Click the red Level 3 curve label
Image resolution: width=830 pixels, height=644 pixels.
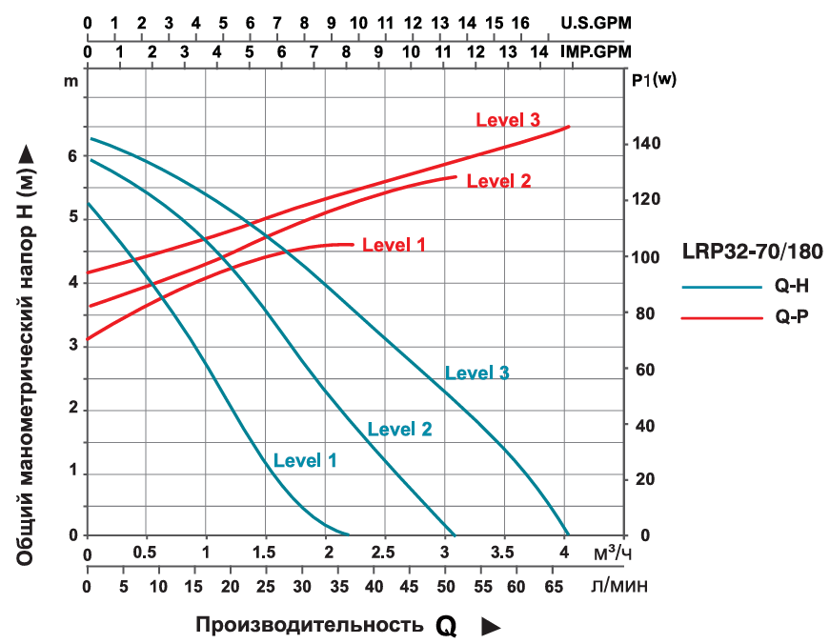click(508, 120)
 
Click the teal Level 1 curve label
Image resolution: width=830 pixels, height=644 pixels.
click(305, 460)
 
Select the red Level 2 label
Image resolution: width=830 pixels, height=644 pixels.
click(498, 181)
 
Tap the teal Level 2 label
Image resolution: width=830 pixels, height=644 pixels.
click(399, 430)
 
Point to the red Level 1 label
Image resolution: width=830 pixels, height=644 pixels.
click(394, 245)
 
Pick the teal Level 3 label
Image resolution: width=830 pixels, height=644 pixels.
click(476, 372)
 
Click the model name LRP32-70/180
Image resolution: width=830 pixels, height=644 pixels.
click(753, 252)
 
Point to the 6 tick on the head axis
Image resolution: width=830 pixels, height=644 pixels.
click(71, 156)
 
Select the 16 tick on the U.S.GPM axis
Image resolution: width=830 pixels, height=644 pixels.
click(520, 22)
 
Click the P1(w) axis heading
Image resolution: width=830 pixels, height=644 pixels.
click(654, 80)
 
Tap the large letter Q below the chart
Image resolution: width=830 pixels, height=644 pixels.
click(446, 626)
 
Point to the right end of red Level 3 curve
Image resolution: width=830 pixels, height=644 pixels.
click(569, 127)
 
